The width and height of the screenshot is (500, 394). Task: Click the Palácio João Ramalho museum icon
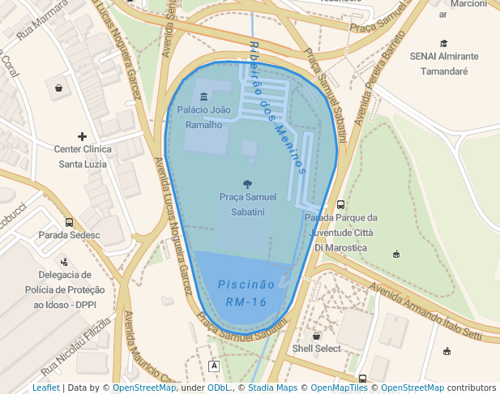(x=203, y=97)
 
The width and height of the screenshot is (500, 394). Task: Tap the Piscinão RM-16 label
(x=246, y=293)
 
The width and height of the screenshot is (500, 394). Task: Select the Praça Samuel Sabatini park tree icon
(x=247, y=184)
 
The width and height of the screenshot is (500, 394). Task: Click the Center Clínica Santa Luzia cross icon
(x=81, y=136)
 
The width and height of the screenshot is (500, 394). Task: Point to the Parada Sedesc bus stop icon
(x=69, y=222)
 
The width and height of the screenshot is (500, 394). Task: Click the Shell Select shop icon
(x=316, y=336)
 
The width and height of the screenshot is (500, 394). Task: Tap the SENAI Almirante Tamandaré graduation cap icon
(x=443, y=44)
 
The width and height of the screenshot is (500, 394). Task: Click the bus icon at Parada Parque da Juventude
(x=340, y=205)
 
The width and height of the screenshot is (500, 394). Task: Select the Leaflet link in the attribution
(x=45, y=388)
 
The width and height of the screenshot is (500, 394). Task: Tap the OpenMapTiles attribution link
(x=340, y=388)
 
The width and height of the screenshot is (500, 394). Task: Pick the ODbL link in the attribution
(x=219, y=388)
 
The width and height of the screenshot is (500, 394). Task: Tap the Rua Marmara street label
(x=42, y=22)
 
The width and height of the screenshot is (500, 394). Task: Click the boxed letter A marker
(x=214, y=366)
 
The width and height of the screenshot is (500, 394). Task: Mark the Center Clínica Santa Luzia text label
(x=81, y=156)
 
